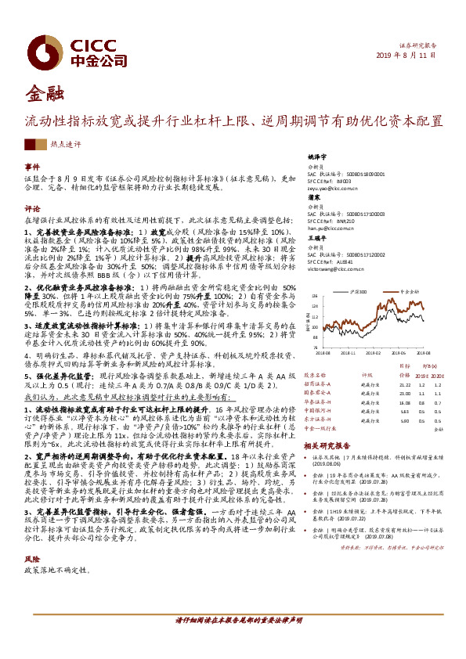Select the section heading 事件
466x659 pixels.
pyautogui.click(x=31, y=167)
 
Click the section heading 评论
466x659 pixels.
pyautogui.click(x=31, y=209)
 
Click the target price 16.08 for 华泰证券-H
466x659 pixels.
pyautogui.click(x=404, y=402)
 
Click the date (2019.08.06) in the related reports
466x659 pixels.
pyautogui.click(x=331, y=464)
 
